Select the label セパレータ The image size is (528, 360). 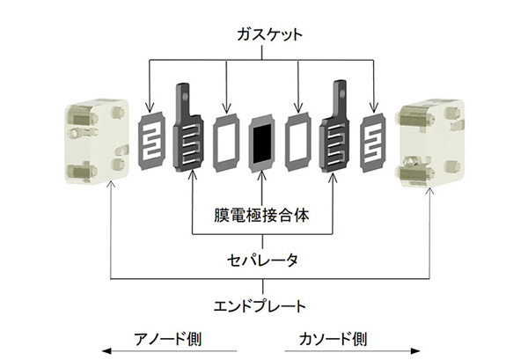click(263, 260)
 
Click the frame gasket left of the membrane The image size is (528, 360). click(228, 143)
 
